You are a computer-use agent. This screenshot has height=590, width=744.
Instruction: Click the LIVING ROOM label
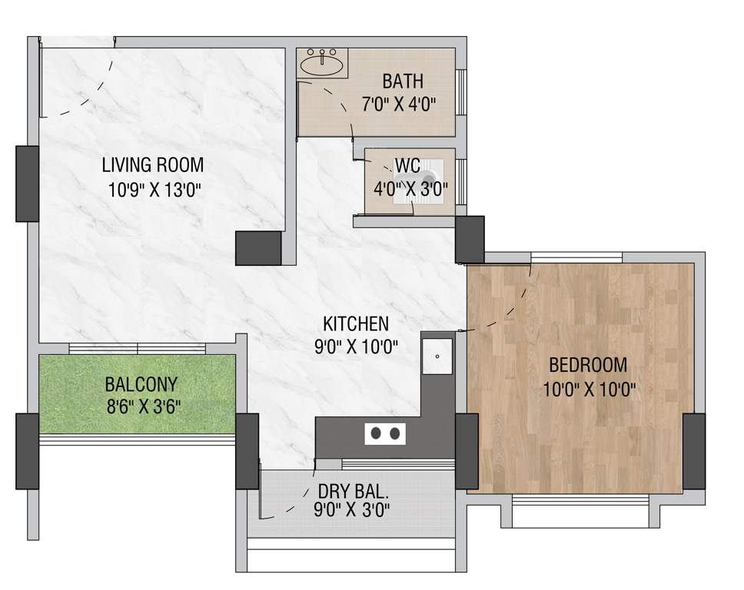tap(153, 164)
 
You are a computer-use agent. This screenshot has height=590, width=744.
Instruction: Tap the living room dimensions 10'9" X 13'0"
tap(154, 189)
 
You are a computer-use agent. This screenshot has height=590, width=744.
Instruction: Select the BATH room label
tap(403, 81)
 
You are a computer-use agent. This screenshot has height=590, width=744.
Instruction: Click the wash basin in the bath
tap(322, 63)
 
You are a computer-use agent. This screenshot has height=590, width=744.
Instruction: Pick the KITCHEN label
tap(356, 323)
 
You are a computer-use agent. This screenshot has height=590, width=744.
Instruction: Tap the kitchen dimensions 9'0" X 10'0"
tap(356, 347)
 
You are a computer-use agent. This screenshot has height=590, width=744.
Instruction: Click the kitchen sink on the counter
tap(437, 356)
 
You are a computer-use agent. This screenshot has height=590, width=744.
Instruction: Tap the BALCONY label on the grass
tap(141, 383)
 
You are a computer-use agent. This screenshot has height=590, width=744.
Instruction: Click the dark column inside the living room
tap(258, 248)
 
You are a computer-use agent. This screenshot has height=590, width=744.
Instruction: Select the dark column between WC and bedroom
tap(470, 239)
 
